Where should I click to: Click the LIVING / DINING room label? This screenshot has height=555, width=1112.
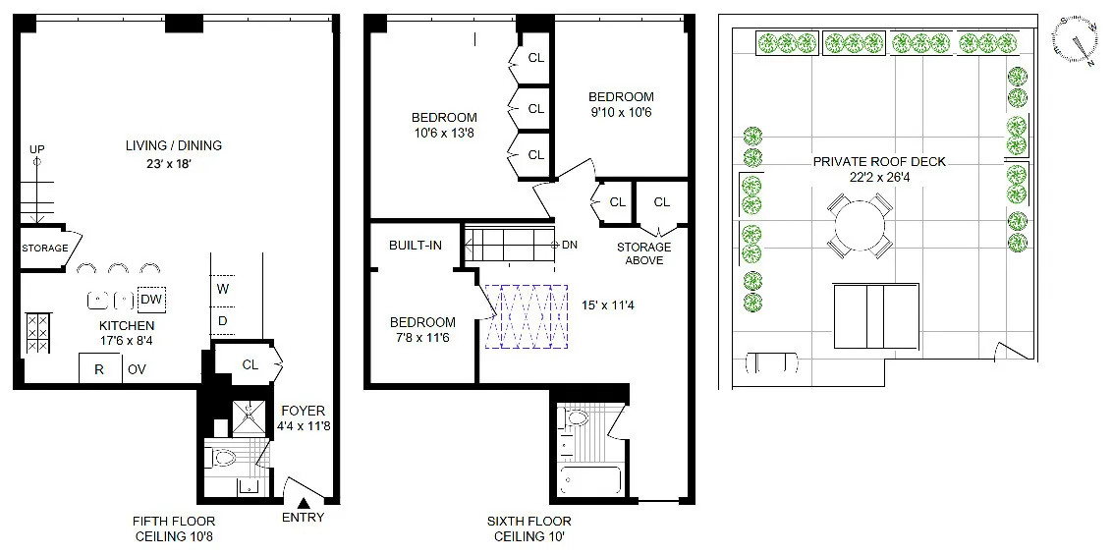click(x=174, y=145)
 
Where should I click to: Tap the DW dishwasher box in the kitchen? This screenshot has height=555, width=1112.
click(x=151, y=300)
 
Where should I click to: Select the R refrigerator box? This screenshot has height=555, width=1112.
click(x=99, y=369)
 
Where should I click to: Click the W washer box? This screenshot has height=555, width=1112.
click(x=223, y=289)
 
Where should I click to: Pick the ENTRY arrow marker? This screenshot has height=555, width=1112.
click(x=303, y=504)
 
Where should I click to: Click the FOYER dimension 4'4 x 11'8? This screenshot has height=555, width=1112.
click(x=303, y=427)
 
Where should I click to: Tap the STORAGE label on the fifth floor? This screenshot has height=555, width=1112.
click(x=45, y=249)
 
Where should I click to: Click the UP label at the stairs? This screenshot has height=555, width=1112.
click(x=37, y=149)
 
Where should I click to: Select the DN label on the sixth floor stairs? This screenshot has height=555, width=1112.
click(x=569, y=244)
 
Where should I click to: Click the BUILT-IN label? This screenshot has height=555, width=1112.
click(x=415, y=245)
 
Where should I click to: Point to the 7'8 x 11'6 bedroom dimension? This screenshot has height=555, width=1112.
click(x=422, y=338)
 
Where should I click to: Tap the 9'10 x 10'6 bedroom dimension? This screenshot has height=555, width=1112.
click(x=621, y=112)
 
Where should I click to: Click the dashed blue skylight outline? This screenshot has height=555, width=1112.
click(x=526, y=316)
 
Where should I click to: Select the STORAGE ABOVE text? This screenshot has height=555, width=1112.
click(x=643, y=253)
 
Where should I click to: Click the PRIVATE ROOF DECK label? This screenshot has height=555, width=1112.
click(x=879, y=161)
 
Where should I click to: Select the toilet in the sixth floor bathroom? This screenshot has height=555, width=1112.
click(x=577, y=420)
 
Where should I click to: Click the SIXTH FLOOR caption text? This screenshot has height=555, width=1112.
click(x=528, y=522)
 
